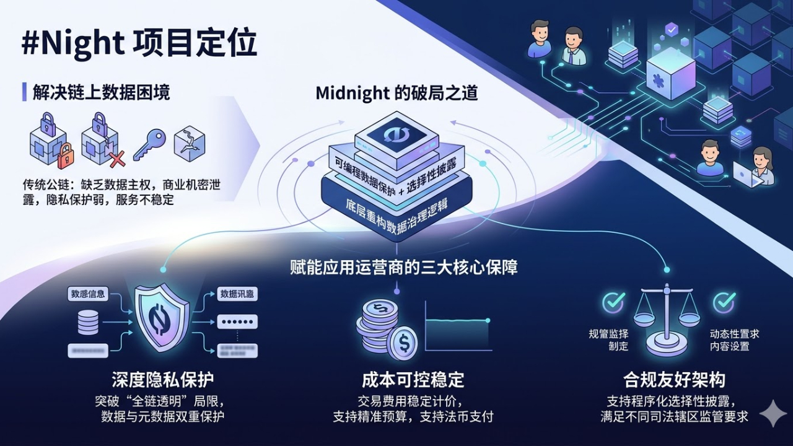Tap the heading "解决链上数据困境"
pyautogui.click(x=100, y=92)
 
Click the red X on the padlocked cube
pyautogui.click(x=116, y=159)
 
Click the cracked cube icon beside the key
pyautogui.click(x=189, y=143)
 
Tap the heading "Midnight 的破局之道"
pyautogui.click(x=396, y=93)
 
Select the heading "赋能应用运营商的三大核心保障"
pyautogui.click(x=403, y=268)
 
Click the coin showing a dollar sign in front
pyautogui.click(x=403, y=343)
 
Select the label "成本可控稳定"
pyautogui.click(x=413, y=379)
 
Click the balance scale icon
pyautogui.click(x=667, y=319)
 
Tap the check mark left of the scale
pyautogui.click(x=614, y=302)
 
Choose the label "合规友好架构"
pyautogui.click(x=674, y=379)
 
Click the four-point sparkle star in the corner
pyautogui.click(x=773, y=413)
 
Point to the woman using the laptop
pyautogui.click(x=761, y=165)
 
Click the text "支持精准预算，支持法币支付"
pyautogui.click(x=413, y=416)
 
